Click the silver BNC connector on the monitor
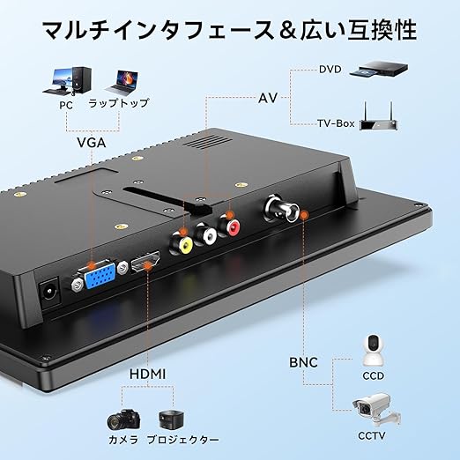[282, 209]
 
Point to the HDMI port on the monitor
[145, 262]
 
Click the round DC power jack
[50, 290]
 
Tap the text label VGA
[92, 143]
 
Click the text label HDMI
[147, 375]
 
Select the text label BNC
[303, 362]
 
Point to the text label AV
[268, 98]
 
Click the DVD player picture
[379, 69]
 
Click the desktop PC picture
[68, 81]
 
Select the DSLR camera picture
[123, 419]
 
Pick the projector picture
[172, 419]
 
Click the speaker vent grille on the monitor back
[209, 142]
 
